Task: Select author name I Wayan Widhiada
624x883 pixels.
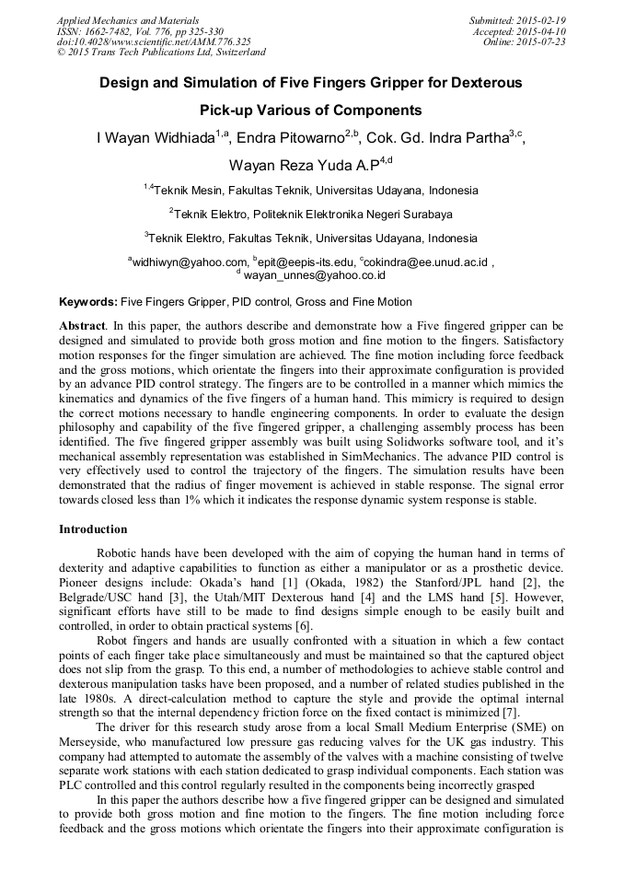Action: coord(156,139)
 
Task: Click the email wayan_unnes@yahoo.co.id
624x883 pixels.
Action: coord(314,275)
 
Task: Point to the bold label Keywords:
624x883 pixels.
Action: coord(88,302)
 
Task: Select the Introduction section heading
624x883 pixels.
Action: coord(93,529)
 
